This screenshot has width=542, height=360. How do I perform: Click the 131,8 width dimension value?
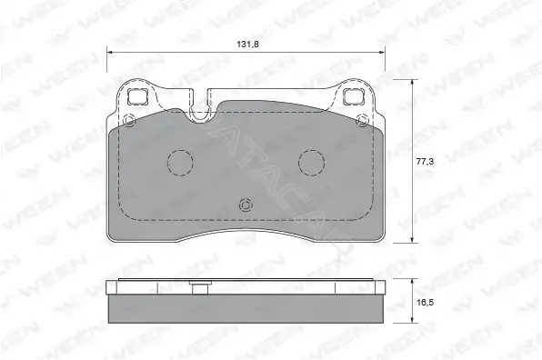(x=248, y=45)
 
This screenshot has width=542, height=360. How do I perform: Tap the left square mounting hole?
(x=138, y=96)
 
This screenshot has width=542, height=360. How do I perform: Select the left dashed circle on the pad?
(x=180, y=163)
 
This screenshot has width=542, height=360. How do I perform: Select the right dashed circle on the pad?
(x=311, y=163)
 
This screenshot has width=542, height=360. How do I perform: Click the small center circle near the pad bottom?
(x=246, y=205)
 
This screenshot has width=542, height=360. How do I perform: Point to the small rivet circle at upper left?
(x=129, y=121)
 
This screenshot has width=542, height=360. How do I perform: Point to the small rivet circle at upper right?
(x=362, y=120)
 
